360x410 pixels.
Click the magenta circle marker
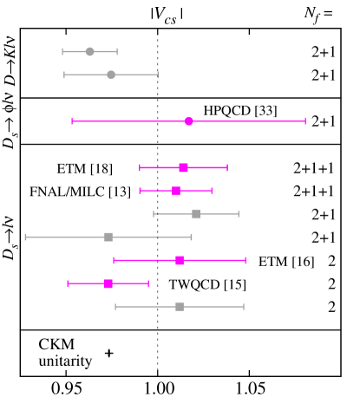click(x=189, y=121)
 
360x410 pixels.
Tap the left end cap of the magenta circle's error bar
click(x=72, y=121)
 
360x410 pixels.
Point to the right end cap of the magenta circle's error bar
click(x=305, y=121)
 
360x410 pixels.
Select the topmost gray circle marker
click(x=90, y=52)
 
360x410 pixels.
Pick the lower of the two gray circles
click(x=111, y=75)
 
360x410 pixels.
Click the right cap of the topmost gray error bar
click(x=117, y=52)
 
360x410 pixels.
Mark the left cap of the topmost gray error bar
click(x=62, y=52)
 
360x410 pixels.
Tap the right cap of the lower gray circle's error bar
click(x=158, y=75)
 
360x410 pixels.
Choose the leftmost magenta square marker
click(x=108, y=283)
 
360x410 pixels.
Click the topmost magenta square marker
click(x=183, y=167)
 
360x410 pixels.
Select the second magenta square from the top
click(x=176, y=191)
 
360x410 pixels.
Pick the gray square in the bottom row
click(x=180, y=306)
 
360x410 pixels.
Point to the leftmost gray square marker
click(x=108, y=237)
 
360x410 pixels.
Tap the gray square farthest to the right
click(x=196, y=213)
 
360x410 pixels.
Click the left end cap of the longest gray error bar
click(x=26, y=237)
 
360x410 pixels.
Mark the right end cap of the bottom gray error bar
click(x=244, y=306)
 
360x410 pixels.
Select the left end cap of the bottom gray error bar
click(x=115, y=306)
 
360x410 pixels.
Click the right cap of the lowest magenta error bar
click(x=148, y=283)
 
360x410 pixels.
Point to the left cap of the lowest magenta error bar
click(x=68, y=283)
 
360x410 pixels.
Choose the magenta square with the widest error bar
click(x=180, y=260)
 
